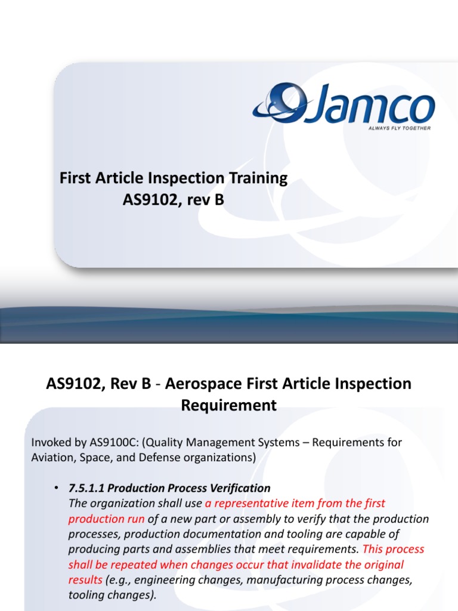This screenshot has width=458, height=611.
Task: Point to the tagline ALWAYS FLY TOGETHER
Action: point(396,128)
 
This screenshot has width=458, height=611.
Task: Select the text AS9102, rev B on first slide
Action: point(173,200)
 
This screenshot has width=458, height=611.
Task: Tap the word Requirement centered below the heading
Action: point(229,406)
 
